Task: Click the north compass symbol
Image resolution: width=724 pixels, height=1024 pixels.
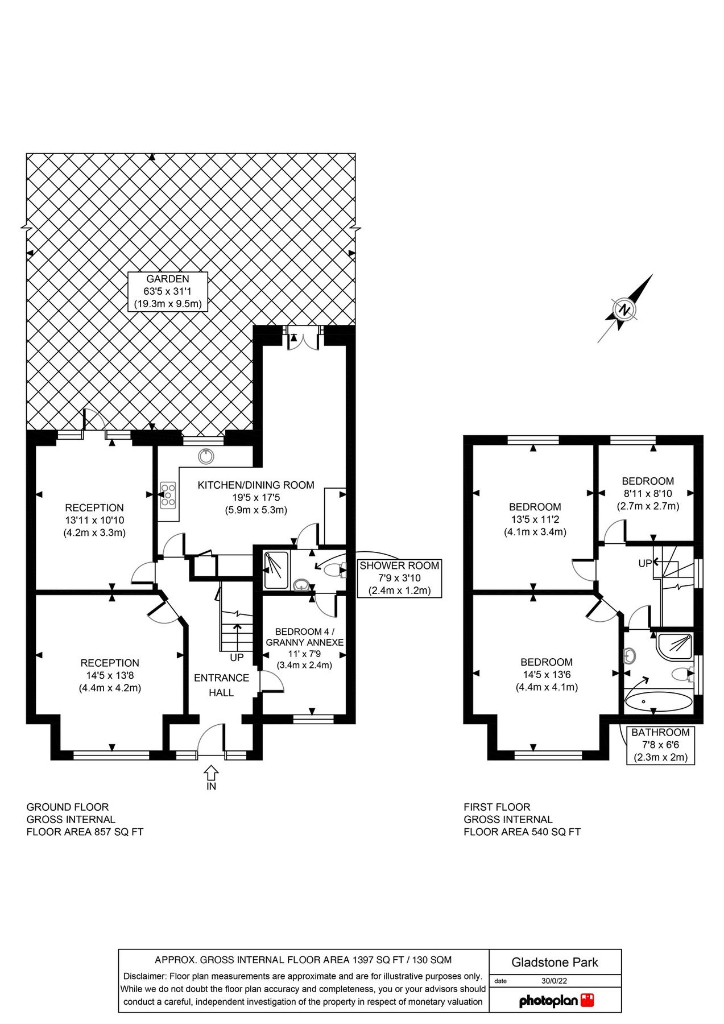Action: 625,310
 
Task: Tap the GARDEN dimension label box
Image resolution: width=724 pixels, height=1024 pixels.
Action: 168,291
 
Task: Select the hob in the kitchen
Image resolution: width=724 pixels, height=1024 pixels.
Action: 168,495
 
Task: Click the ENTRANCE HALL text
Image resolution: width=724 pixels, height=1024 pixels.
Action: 221,685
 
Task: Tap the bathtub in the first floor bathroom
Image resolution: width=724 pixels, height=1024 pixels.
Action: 659,701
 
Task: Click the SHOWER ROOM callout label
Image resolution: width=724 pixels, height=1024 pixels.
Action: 399,578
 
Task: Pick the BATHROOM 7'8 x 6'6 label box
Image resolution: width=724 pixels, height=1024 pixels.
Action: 660,745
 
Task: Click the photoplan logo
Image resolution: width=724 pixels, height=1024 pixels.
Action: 556,1001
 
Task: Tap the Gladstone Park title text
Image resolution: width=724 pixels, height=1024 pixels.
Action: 555,963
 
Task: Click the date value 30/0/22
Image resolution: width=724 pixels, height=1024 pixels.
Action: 554,981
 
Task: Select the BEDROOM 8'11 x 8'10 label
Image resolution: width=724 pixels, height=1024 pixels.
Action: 648,493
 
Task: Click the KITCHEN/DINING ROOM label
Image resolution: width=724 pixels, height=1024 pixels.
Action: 256,497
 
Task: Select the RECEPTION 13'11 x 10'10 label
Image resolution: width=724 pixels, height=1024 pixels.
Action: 94,520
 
